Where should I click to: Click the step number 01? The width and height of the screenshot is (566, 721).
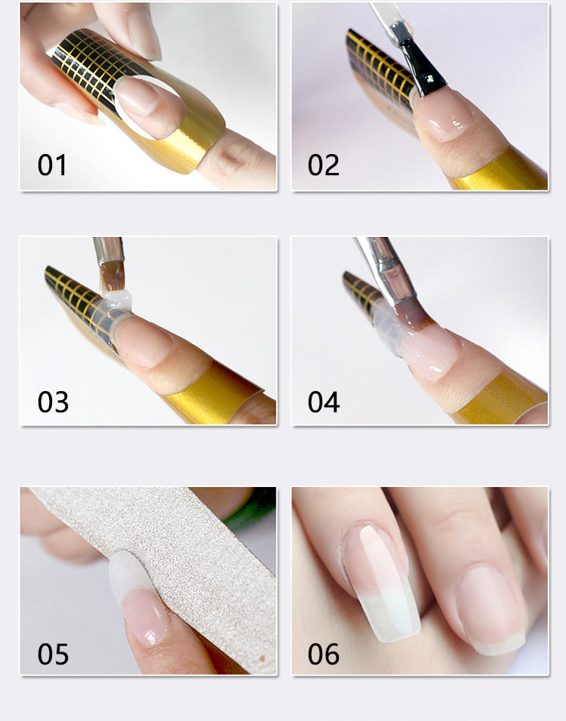pyautogui.click(x=52, y=165)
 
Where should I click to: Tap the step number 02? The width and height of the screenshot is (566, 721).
pyautogui.click(x=324, y=165)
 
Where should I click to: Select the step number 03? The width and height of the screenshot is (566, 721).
pyautogui.click(x=53, y=402)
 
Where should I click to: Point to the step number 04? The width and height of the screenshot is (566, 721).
pyautogui.click(x=324, y=402)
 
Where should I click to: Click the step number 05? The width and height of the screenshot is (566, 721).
pyautogui.click(x=53, y=654)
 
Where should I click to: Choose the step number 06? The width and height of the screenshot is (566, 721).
pyautogui.click(x=324, y=654)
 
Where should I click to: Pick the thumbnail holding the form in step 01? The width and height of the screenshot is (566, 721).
pyautogui.click(x=144, y=35)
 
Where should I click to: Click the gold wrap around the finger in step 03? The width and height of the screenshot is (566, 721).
pyautogui.click(x=216, y=391)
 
